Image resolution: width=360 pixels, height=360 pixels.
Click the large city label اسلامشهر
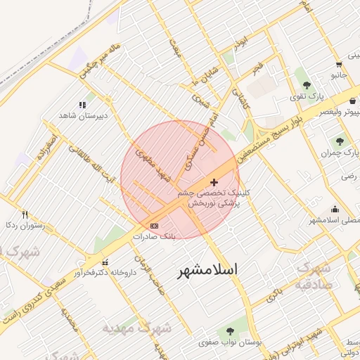207,269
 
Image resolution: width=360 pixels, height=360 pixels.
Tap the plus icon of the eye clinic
214,183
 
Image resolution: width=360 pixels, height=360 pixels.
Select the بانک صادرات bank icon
154,226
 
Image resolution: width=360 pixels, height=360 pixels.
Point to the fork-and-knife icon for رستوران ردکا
25,214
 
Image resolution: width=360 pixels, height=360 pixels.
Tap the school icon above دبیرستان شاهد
82,105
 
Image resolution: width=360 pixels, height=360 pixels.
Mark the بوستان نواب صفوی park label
228,342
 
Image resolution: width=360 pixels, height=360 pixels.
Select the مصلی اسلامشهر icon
335,209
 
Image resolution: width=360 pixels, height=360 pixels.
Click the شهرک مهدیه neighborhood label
136,328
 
